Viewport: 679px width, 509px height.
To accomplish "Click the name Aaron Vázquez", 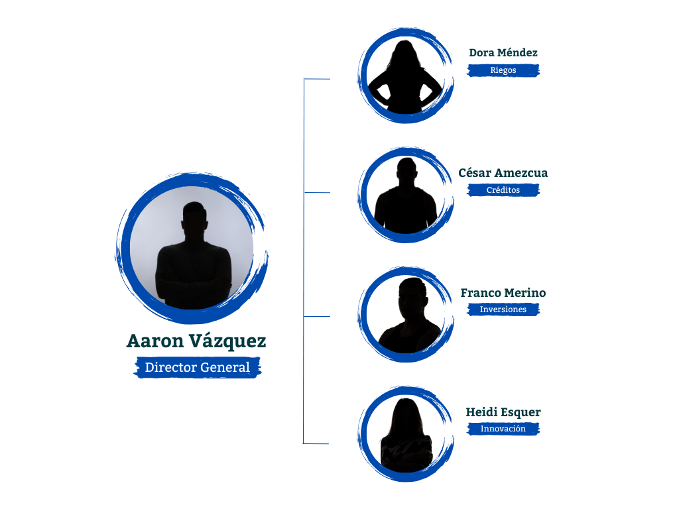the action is pyautogui.click(x=196, y=341).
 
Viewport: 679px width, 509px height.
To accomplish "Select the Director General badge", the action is pyautogui.click(x=198, y=367).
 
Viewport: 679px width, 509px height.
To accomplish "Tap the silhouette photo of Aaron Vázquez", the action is pyautogui.click(x=192, y=248).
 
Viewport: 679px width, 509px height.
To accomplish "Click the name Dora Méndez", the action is pyautogui.click(x=503, y=53).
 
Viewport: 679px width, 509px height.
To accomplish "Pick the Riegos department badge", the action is pyautogui.click(x=503, y=70).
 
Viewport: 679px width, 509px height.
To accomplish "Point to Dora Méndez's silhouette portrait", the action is pyautogui.click(x=405, y=76).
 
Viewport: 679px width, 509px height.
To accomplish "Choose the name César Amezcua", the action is pyautogui.click(x=503, y=173).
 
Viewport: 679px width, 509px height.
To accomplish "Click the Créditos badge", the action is pyautogui.click(x=503, y=190).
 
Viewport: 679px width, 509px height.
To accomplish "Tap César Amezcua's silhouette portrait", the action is pyautogui.click(x=405, y=195).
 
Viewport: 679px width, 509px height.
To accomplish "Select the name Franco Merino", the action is pyautogui.click(x=503, y=293).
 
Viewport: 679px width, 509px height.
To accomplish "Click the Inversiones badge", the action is pyautogui.click(x=503, y=310).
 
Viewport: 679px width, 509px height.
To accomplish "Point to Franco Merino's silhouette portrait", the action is pyautogui.click(x=405, y=314).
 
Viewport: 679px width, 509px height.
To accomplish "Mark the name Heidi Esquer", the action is pyautogui.click(x=503, y=412).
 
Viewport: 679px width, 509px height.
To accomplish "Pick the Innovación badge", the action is pyautogui.click(x=503, y=429).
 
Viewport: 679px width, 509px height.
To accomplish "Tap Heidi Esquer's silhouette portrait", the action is pyautogui.click(x=405, y=433).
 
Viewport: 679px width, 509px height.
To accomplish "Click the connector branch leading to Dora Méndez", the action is pyautogui.click(x=317, y=79).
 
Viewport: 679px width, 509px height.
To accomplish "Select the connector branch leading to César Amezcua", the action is pyautogui.click(x=317, y=192).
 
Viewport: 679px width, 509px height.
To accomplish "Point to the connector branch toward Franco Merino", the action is pyautogui.click(x=317, y=316).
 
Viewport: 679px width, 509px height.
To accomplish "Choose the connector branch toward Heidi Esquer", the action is pyautogui.click(x=316, y=443).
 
